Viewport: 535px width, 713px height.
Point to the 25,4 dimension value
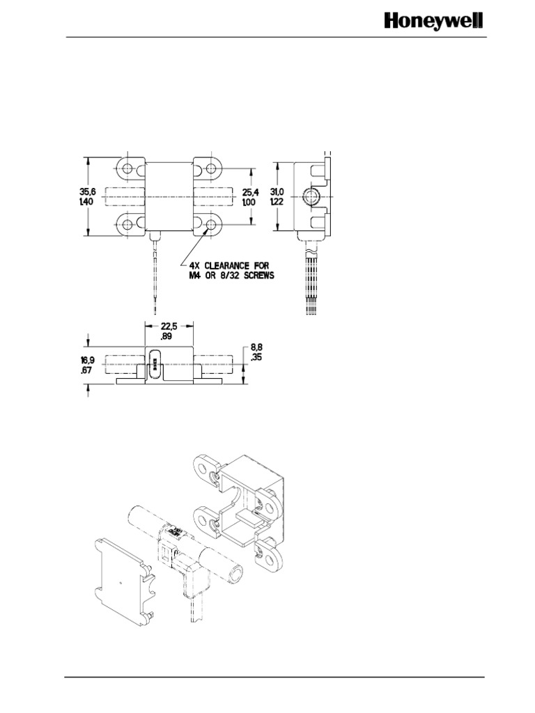pyautogui.click(x=249, y=191)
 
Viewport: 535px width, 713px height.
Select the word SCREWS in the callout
pyautogui.click(x=256, y=275)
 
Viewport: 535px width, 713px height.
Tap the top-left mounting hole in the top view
pyautogui.click(x=129, y=169)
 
